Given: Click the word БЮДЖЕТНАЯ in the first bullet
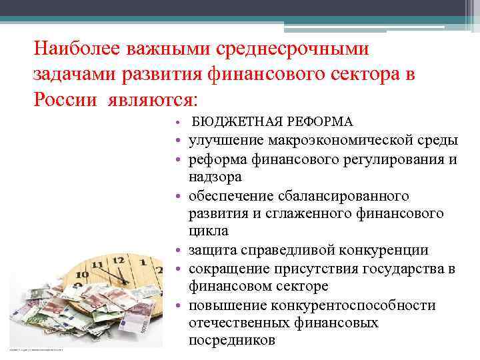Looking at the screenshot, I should click(x=226, y=122).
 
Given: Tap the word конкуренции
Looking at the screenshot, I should click(x=383, y=250).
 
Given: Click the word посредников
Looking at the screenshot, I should click(x=231, y=340).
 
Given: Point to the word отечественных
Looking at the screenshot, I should click(x=239, y=323).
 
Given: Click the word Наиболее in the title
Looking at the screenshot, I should click(x=75, y=49).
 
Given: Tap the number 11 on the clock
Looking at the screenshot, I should click(x=99, y=265).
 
